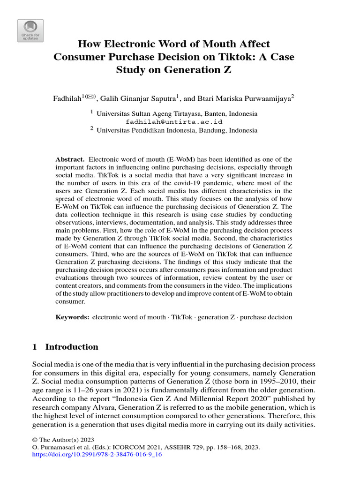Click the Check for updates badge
30,31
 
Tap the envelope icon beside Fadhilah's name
90,97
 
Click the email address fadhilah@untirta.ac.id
174,122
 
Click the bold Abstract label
70,159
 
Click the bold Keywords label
72,317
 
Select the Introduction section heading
71,347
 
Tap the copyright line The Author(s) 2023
63,440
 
